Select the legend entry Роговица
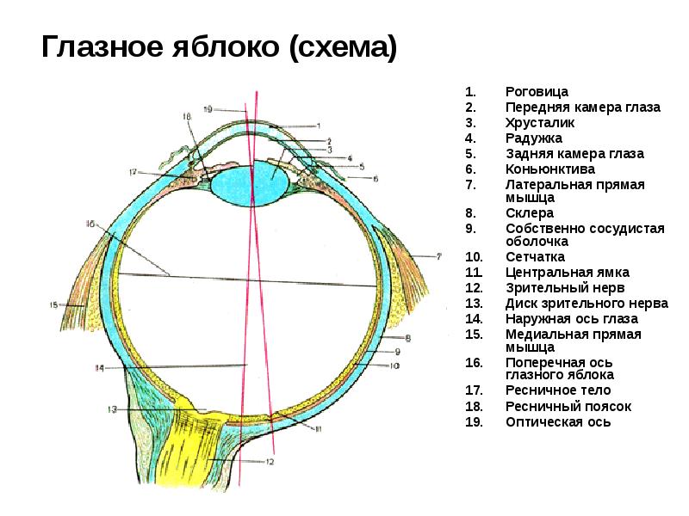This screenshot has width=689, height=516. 536,92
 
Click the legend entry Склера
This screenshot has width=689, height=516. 530,212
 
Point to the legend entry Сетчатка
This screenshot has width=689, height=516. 535,256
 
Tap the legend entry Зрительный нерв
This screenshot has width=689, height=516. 565,287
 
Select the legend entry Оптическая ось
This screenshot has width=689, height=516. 558,421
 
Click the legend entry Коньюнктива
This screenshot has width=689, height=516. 549,169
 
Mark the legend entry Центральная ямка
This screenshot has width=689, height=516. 568,272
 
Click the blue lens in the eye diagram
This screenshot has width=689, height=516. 250,183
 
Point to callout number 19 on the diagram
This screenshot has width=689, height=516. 208,109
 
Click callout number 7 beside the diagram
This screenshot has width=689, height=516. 438,256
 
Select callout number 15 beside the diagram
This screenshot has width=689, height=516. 53,304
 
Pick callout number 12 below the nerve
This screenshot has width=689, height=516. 269,462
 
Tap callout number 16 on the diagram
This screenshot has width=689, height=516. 90,224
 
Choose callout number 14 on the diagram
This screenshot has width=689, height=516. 99,368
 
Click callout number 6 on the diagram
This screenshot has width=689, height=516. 376,178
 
